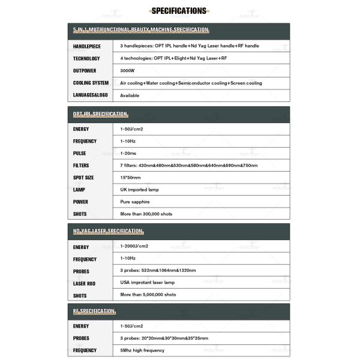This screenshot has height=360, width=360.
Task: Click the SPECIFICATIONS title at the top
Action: pos(179,10)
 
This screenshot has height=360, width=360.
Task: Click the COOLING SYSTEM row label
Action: pos(91,83)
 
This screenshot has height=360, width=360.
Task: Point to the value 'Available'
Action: pos(130,95)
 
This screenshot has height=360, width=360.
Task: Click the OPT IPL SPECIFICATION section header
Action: pos(101,114)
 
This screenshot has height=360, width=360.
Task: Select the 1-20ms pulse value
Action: pos(129,153)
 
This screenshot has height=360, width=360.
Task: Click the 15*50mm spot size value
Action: pos(131,178)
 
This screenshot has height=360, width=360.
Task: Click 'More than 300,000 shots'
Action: pos(146,214)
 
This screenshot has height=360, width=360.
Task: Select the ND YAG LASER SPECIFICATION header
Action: pos(108,231)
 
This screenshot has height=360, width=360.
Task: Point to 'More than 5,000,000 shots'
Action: pos(148,295)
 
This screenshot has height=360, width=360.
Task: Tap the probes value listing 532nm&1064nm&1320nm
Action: pos(158,271)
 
